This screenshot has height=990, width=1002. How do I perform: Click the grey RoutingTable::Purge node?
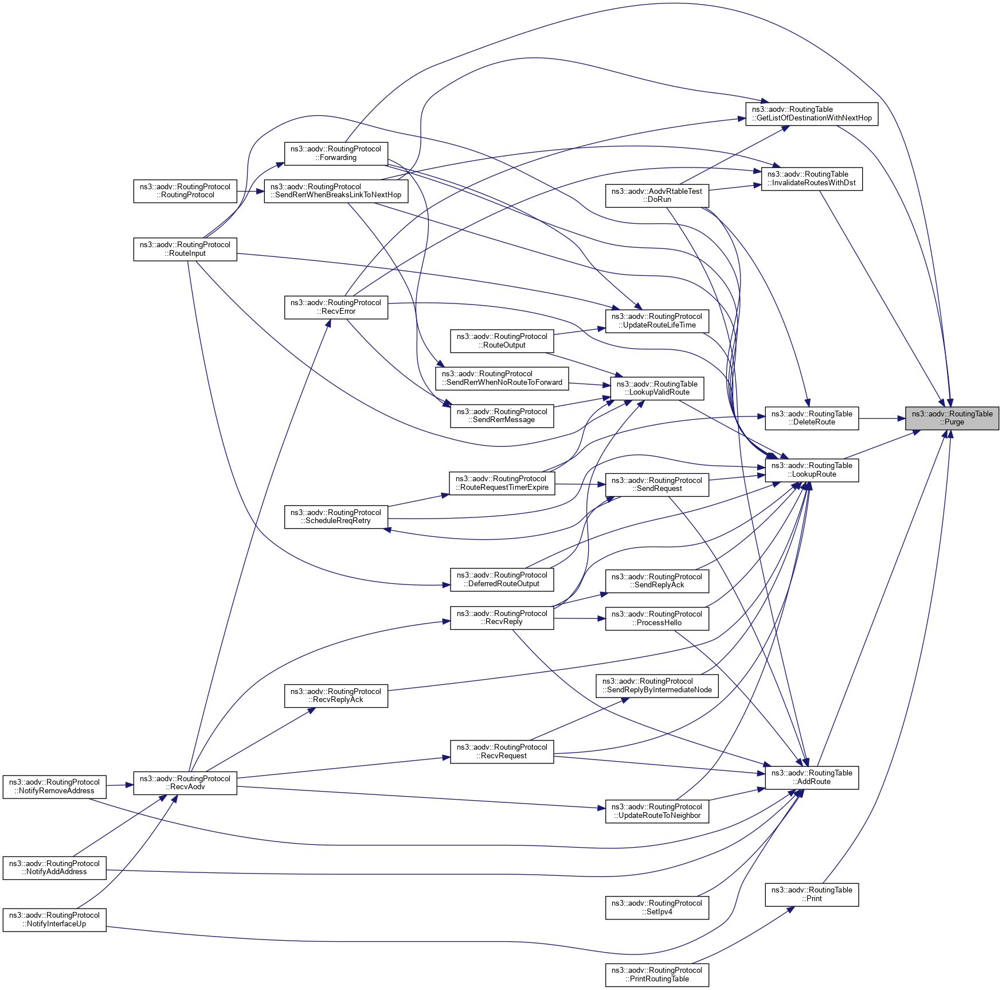(x=952, y=418)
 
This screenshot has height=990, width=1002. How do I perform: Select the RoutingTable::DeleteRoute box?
(x=811, y=418)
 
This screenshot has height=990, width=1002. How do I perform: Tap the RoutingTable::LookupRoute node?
(x=811, y=470)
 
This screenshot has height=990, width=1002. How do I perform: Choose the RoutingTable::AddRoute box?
(x=811, y=777)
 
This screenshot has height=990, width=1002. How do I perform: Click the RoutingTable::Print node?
(x=811, y=894)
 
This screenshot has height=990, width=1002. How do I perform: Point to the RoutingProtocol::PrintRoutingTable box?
(x=657, y=975)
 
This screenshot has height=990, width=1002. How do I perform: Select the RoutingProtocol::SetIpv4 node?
(x=657, y=907)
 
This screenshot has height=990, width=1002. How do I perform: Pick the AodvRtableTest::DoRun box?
(x=657, y=196)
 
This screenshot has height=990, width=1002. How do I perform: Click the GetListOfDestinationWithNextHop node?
(x=811, y=114)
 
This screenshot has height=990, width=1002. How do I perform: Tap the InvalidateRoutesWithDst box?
(x=811, y=179)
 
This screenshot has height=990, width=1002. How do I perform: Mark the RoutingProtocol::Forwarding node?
(x=336, y=153)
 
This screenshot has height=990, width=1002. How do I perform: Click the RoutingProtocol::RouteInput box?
(x=185, y=249)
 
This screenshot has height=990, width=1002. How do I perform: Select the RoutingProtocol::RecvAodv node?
(x=185, y=782)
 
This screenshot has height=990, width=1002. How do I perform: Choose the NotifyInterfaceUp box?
(x=54, y=919)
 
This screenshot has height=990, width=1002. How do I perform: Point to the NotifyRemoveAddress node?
(x=54, y=786)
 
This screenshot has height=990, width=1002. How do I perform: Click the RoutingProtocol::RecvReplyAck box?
(x=336, y=696)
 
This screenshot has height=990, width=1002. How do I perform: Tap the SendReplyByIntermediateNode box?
(x=657, y=685)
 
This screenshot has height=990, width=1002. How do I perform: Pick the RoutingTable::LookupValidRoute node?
(x=657, y=388)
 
